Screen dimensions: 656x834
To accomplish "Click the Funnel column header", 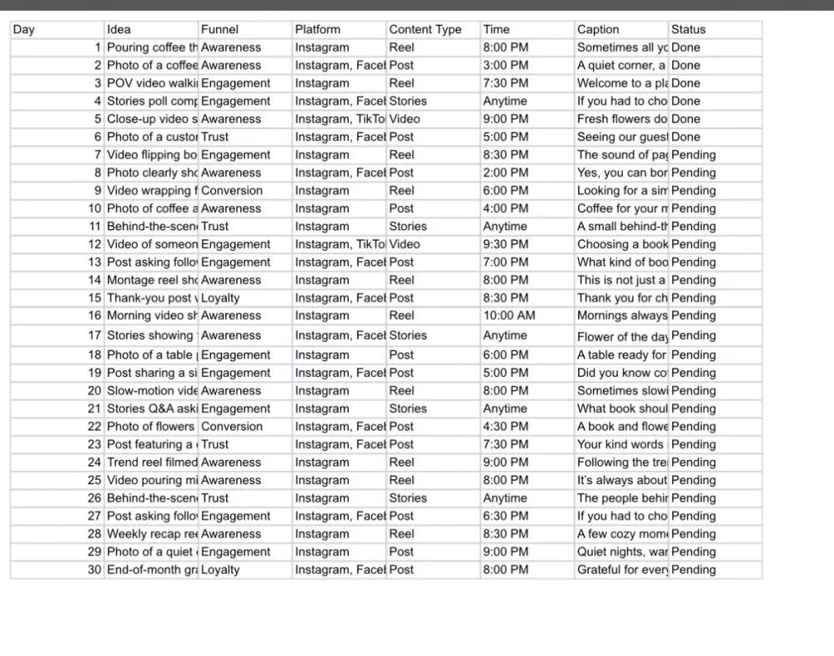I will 220,29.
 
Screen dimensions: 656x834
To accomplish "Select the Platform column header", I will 318,29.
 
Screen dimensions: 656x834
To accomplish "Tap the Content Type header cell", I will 425,29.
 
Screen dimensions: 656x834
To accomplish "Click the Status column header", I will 688,29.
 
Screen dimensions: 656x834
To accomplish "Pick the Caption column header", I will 598,29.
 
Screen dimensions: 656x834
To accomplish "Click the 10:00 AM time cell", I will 509,316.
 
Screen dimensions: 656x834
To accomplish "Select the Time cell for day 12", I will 505,244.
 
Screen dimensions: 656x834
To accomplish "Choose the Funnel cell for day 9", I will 232,190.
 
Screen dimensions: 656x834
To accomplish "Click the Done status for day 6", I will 686,137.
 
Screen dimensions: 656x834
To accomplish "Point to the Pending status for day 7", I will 693,155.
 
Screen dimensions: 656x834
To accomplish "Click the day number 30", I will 94,570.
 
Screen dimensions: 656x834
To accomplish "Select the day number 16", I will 94,316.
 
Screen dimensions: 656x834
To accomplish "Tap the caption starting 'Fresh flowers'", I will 622,119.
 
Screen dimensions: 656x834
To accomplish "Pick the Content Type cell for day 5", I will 404,119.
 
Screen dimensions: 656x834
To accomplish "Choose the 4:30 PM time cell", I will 505,427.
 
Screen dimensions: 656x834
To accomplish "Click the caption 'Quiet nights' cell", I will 622,552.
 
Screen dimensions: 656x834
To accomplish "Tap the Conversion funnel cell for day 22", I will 232,427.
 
